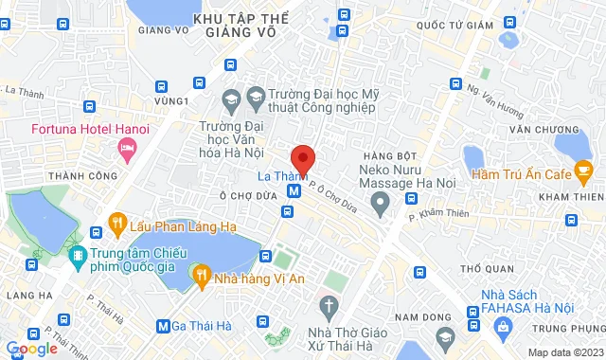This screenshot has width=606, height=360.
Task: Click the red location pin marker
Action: (302, 158)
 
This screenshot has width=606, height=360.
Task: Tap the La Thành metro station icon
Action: (295, 189)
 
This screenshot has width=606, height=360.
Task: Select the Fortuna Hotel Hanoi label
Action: (60, 130)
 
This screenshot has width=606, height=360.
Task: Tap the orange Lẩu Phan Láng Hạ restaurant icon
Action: (117, 224)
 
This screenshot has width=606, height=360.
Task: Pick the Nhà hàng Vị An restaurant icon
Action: (200, 276)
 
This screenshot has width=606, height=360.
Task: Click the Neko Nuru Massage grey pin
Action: (380, 201)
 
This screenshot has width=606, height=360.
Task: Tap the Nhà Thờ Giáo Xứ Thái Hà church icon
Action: (328, 307)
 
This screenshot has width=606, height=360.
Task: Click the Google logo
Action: (31, 349)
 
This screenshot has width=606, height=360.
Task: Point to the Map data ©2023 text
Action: (563, 352)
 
